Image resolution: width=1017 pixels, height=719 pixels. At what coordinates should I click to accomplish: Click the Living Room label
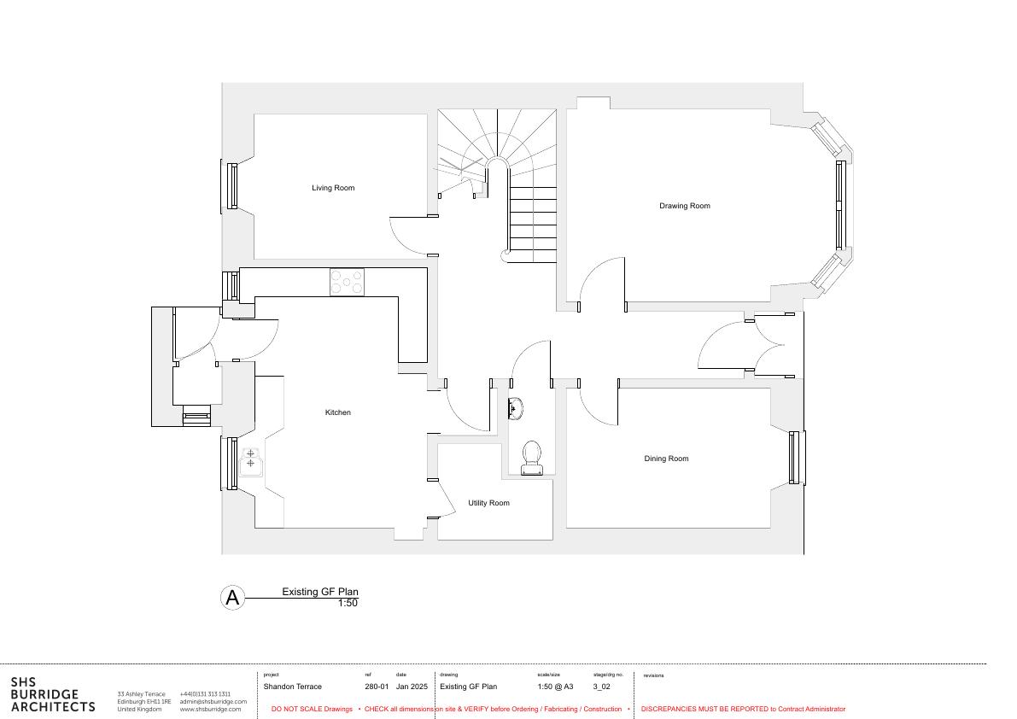tap(333, 188)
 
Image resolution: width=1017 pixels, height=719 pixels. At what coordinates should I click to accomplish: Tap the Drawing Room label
tap(684, 206)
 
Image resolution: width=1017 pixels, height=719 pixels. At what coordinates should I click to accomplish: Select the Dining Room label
tap(666, 459)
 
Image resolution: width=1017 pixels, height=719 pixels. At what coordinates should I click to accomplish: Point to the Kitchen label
tap(337, 412)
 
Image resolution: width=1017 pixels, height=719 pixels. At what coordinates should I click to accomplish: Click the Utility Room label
tap(488, 503)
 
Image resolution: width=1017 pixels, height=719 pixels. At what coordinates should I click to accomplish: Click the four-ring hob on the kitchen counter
tap(347, 282)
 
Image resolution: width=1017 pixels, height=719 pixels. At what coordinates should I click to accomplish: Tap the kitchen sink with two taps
tap(250, 462)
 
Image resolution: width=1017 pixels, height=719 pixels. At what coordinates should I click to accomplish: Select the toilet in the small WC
tap(532, 459)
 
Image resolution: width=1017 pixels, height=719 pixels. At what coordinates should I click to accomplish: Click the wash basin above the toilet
tap(515, 408)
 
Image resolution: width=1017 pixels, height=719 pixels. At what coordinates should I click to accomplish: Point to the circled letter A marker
tap(232, 597)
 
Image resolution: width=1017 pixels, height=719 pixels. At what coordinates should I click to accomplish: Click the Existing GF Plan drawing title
tap(319, 592)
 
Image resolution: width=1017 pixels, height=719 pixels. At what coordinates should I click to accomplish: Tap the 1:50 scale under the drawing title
tap(348, 603)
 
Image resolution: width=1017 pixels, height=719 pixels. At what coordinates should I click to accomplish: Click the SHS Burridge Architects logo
tap(53, 694)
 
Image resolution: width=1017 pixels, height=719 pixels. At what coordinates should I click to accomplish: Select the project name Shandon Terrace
tap(293, 687)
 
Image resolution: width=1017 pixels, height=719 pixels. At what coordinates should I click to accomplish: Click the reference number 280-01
tap(377, 687)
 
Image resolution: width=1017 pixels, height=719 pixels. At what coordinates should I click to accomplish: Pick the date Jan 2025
tap(412, 687)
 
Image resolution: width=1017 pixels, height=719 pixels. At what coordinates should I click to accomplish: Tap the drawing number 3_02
tap(601, 687)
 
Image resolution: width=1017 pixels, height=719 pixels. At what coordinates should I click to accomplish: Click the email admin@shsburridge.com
tap(213, 702)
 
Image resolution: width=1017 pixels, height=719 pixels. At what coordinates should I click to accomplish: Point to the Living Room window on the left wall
tap(231, 186)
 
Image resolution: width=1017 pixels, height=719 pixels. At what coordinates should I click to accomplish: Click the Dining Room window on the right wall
tap(794, 458)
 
